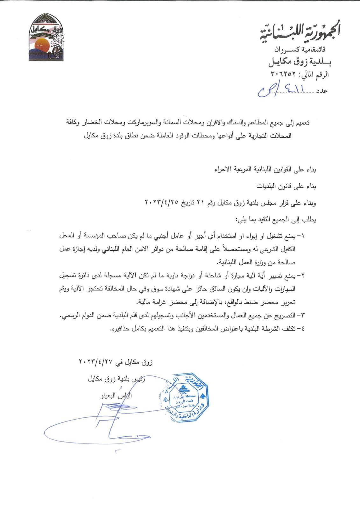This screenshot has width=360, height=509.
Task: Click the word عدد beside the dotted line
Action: [322, 91]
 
